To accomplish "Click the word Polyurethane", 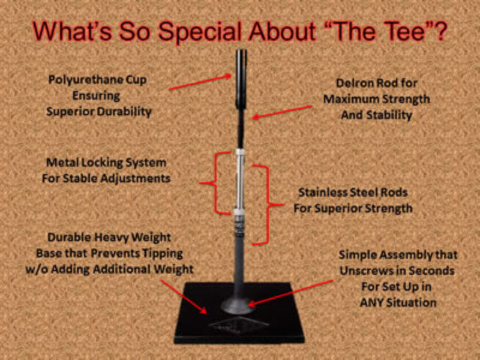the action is point(83,80).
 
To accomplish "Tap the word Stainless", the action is point(322,193).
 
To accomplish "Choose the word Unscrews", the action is point(362,271).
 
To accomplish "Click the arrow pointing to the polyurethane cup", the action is point(200,82).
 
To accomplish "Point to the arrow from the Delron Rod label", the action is point(282,112).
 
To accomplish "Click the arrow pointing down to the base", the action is point(184,296).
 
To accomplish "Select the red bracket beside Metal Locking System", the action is point(216,183).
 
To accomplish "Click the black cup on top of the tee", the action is point(241,79).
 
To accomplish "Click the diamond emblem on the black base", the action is point(239,325).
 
